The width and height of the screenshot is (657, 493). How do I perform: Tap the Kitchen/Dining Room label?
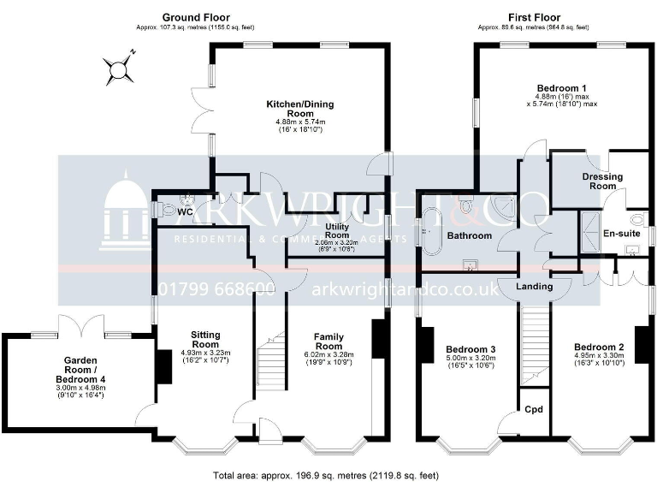point(299,109)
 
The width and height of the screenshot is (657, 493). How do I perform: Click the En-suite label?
point(620,233)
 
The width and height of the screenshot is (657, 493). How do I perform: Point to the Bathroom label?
point(470,235)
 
